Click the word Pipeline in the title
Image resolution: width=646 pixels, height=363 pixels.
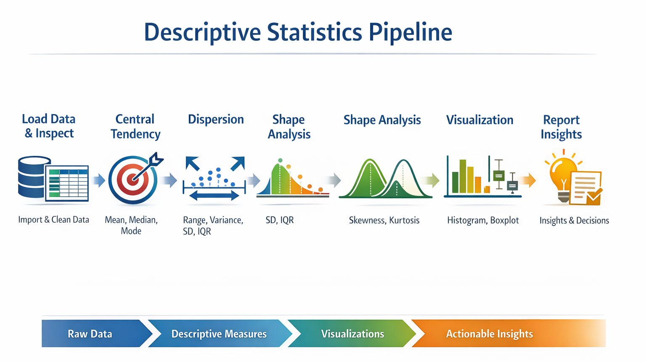coord(410,32)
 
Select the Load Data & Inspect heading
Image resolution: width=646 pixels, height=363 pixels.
coord(49,126)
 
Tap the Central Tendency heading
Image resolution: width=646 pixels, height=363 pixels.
coord(135,127)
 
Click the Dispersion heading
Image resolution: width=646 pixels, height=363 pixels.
coord(216,119)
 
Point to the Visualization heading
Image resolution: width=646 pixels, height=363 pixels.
coord(479,120)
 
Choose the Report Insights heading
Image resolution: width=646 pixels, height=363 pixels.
coord(561,127)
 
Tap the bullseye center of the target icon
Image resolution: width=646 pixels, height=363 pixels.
coord(133,179)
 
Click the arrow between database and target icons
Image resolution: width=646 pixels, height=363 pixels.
coord(99,180)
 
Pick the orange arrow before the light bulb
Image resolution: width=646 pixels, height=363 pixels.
coord(528,181)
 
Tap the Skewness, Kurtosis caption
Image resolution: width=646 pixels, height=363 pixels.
coord(384,221)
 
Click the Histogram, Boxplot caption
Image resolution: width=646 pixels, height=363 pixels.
coord(483,221)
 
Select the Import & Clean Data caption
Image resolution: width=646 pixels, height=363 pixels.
coord(54,220)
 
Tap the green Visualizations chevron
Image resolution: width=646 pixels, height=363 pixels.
coord(352,333)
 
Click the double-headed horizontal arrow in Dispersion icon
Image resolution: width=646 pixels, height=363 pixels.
coord(214,196)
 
